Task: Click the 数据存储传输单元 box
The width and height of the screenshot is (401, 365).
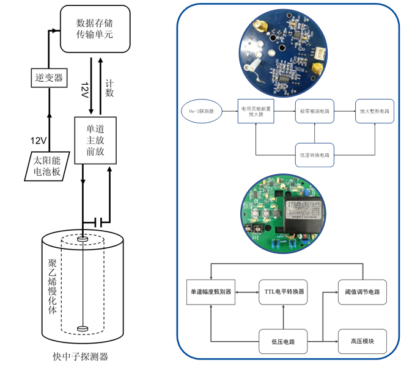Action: point(95,28)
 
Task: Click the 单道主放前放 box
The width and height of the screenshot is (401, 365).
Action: point(95,140)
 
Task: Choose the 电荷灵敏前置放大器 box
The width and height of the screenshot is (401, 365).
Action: point(256,112)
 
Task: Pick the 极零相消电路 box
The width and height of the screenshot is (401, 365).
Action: point(314,112)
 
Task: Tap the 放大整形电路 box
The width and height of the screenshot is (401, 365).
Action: point(372,112)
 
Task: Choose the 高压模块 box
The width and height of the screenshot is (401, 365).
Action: point(362,340)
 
